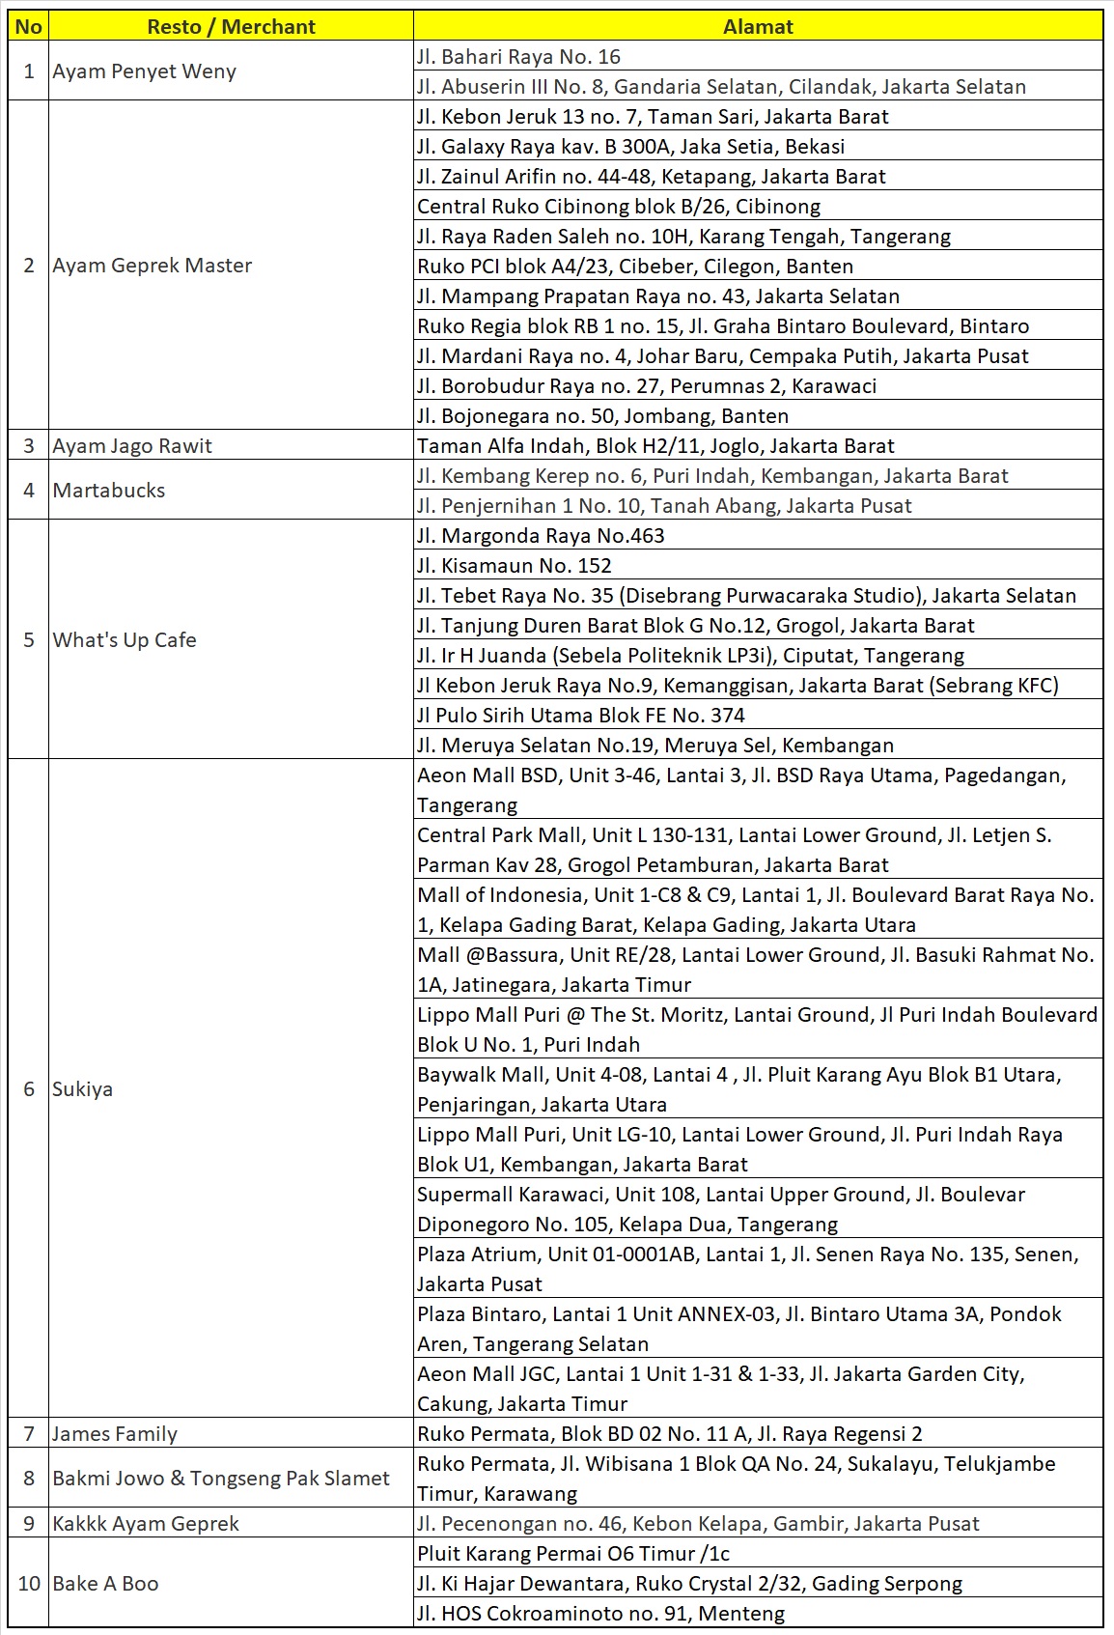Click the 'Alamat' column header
pyautogui.click(x=758, y=27)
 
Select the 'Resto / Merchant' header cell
pyautogui.click(x=231, y=27)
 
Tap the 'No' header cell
pyautogui.click(x=29, y=27)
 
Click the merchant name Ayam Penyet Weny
pyautogui.click(x=145, y=71)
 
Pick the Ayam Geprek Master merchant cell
pyautogui.click(x=153, y=266)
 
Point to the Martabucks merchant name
pyautogui.click(x=109, y=491)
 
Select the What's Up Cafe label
pyautogui.click(x=125, y=640)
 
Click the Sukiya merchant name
pyautogui.click(x=83, y=1089)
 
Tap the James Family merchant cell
pyautogui.click(x=115, y=1434)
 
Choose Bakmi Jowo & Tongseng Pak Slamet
pyautogui.click(x=221, y=1479)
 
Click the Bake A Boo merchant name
pyautogui.click(x=106, y=1584)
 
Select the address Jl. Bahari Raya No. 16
pyautogui.click(x=519, y=57)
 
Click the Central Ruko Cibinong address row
pyautogui.click(x=619, y=207)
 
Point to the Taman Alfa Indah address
pyautogui.click(x=655, y=446)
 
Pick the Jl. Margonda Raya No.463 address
pyautogui.click(x=541, y=536)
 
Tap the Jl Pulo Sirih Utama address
pyautogui.click(x=581, y=716)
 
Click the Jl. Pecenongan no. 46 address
pyautogui.click(x=698, y=1524)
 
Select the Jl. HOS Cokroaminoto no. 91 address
pyautogui.click(x=600, y=1614)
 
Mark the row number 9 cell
pyautogui.click(x=29, y=1524)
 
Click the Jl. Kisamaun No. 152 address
pyautogui.click(x=515, y=566)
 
